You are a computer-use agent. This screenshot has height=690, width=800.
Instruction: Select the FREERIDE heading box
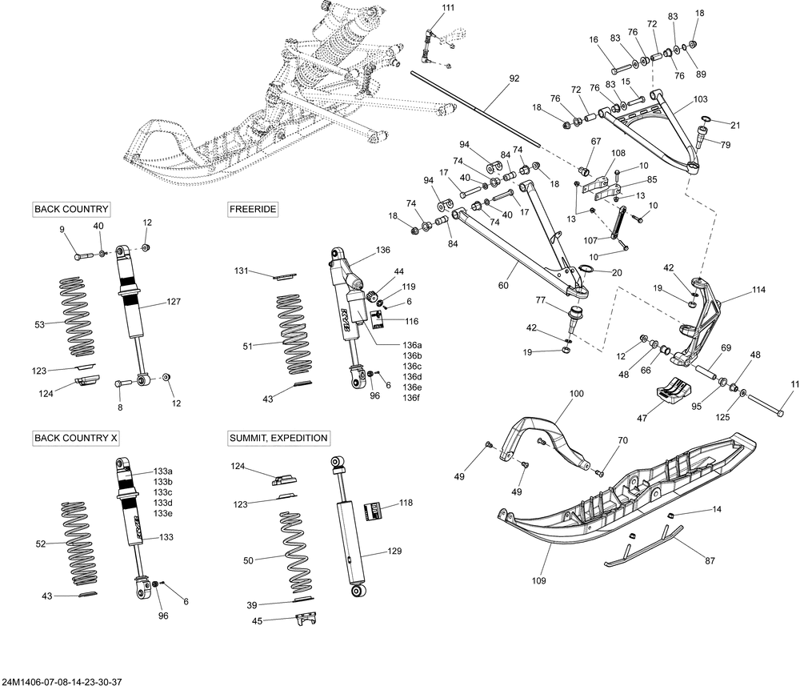253,210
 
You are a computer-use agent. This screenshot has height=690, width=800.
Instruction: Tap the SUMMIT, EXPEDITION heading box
278,439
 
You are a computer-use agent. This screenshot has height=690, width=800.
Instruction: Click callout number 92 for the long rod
514,78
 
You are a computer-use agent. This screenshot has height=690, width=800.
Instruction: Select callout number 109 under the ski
539,581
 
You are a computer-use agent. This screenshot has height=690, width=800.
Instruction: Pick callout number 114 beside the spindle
759,290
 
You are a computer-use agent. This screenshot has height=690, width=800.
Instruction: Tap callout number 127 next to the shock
174,302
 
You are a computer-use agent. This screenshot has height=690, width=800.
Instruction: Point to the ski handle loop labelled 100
552,436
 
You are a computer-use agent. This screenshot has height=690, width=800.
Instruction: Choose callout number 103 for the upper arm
700,100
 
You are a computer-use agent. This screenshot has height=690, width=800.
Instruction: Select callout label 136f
411,398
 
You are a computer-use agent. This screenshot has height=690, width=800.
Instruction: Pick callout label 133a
163,471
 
